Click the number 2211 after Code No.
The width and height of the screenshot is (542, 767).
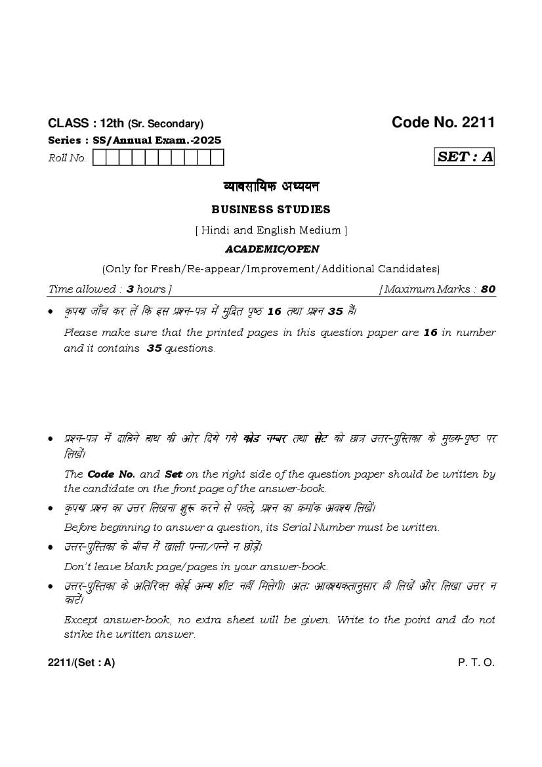pyautogui.click(x=478, y=122)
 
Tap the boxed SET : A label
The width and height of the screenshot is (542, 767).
pyautogui.click(x=465, y=157)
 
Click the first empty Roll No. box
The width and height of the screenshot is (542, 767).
pyautogui.click(x=100, y=157)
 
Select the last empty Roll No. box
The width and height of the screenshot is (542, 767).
pyautogui.click(x=217, y=157)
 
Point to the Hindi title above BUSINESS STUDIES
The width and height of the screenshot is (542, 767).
pyautogui.click(x=271, y=186)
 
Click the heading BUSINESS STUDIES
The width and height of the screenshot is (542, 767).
pyautogui.click(x=271, y=210)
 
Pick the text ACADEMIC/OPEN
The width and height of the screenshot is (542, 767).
pyautogui.click(x=271, y=249)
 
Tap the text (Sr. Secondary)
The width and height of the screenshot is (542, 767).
pyautogui.click(x=165, y=123)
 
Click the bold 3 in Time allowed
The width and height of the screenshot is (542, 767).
pyautogui.click(x=130, y=289)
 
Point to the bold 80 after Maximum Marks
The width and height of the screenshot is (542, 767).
pyautogui.click(x=488, y=289)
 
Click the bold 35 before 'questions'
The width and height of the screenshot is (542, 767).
pyautogui.click(x=154, y=348)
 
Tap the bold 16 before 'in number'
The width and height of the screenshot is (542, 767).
pyautogui.click(x=430, y=333)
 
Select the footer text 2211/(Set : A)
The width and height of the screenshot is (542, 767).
pyautogui.click(x=81, y=663)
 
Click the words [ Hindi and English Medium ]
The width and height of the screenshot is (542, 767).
pyautogui.click(x=271, y=230)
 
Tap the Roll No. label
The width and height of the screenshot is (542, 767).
pyautogui.click(x=68, y=158)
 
